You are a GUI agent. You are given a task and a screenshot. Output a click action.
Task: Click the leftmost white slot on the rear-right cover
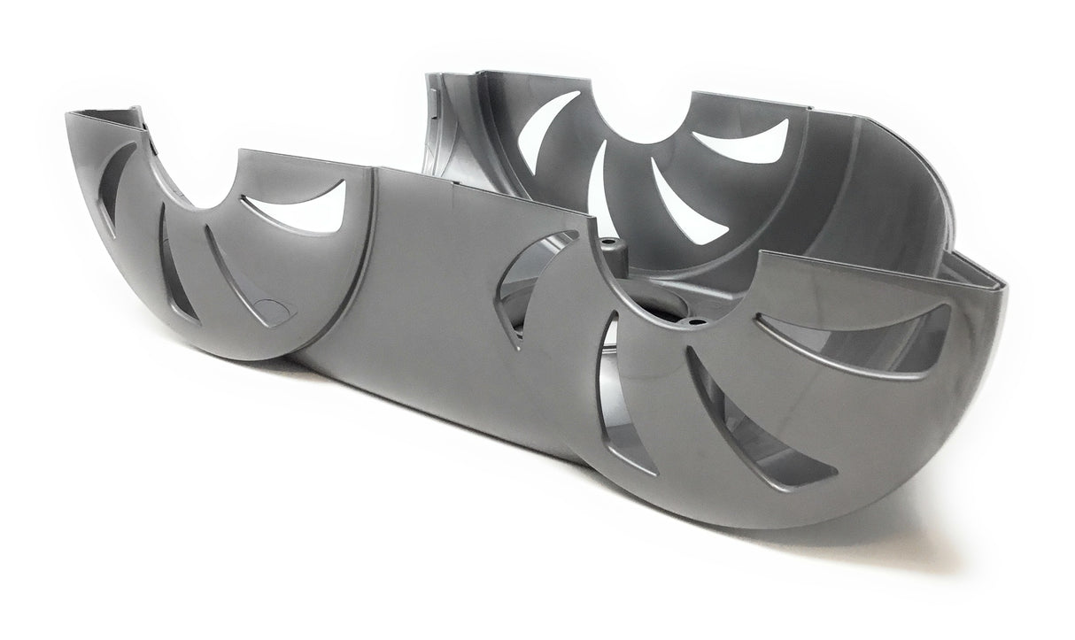[540, 133]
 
